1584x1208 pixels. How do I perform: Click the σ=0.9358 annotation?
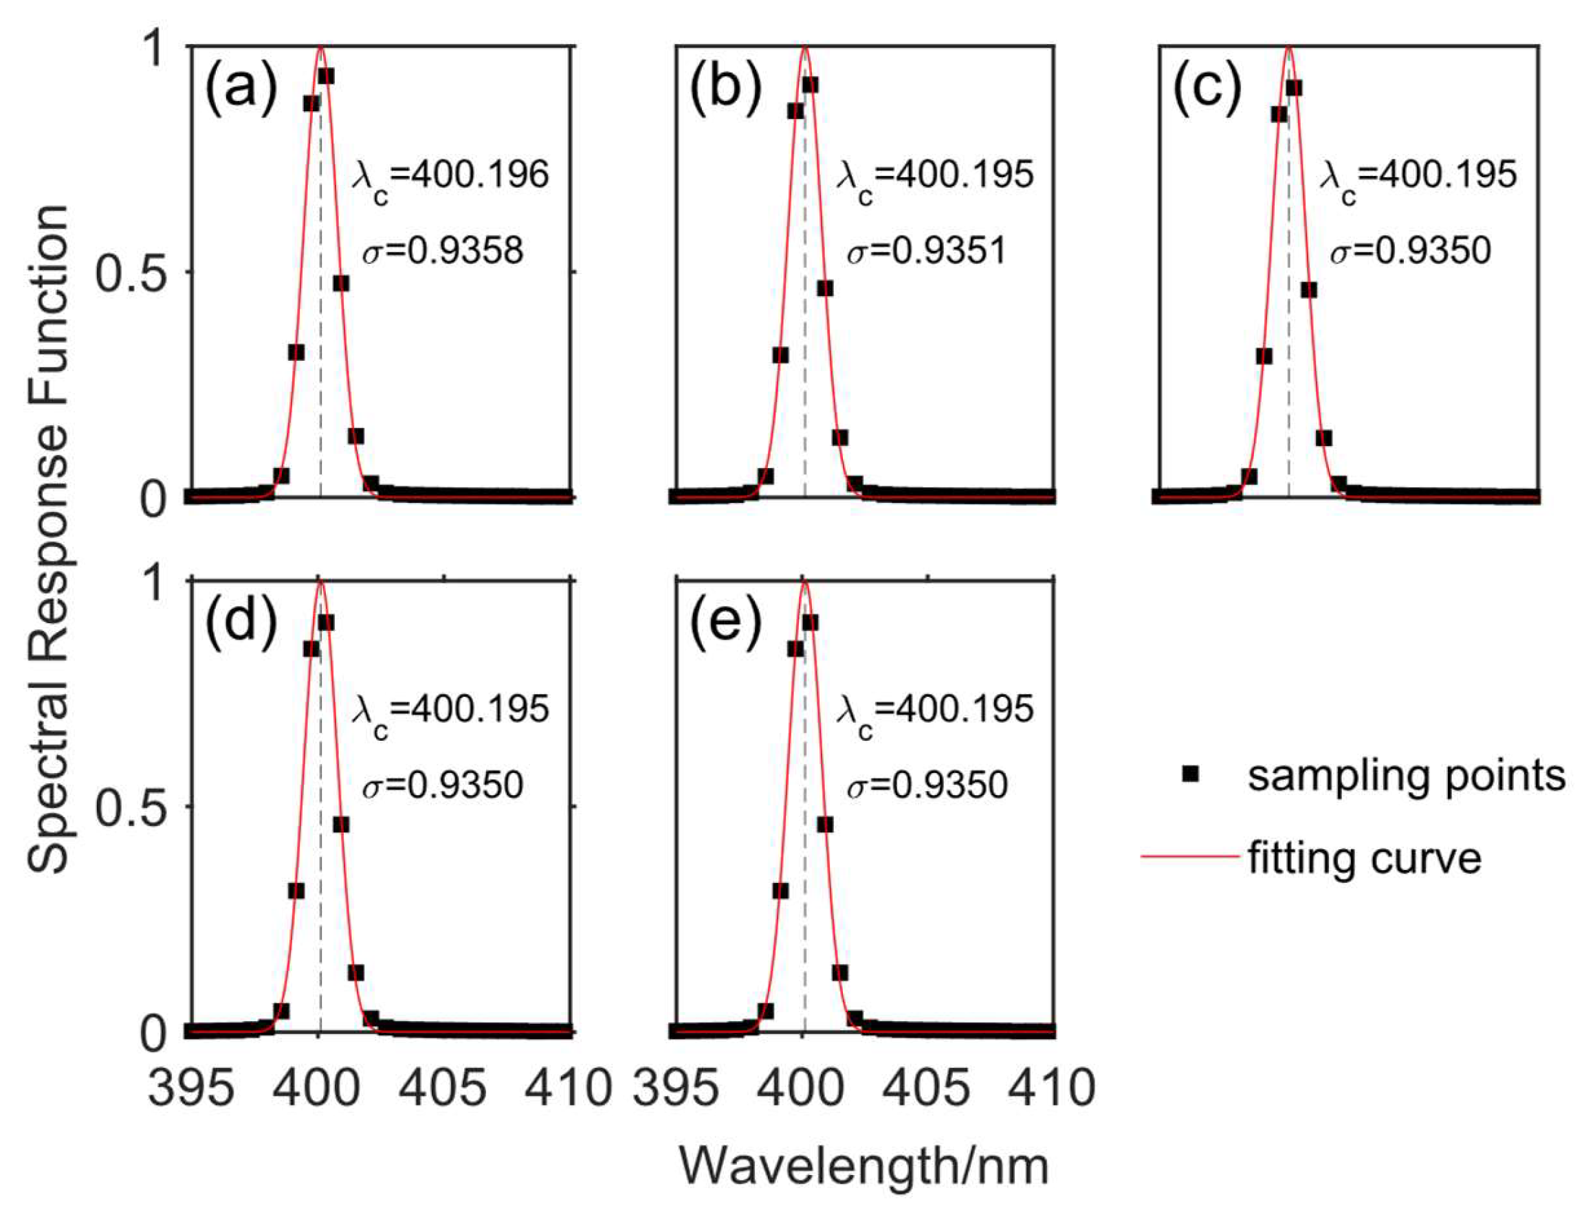coord(442,251)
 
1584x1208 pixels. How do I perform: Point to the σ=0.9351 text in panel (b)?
coord(927,251)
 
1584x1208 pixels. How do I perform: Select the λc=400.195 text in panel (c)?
coord(1418,177)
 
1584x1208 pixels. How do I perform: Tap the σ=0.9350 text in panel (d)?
coord(442,785)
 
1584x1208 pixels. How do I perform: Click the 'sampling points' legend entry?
coord(1407,776)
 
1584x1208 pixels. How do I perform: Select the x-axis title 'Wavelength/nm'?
coord(863,1165)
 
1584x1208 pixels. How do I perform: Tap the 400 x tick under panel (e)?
coord(802,1087)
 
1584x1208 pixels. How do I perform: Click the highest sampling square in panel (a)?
coord(326,76)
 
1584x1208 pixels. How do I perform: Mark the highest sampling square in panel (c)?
coord(1294,88)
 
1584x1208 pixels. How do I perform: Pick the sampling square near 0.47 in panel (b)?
coord(825,289)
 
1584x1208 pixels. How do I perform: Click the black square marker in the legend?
coord(1191,774)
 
